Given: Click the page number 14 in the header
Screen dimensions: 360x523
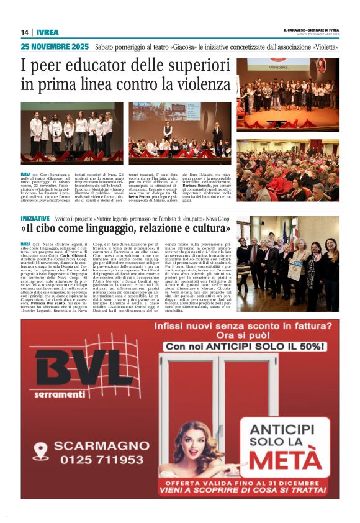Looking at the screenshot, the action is coord(24,32).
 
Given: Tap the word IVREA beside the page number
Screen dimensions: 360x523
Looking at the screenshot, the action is coord(46,32).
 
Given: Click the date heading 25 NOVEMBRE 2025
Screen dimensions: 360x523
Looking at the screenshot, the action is coord(55,47).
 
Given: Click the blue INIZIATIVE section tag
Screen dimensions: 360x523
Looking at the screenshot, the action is coord(35,219).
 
